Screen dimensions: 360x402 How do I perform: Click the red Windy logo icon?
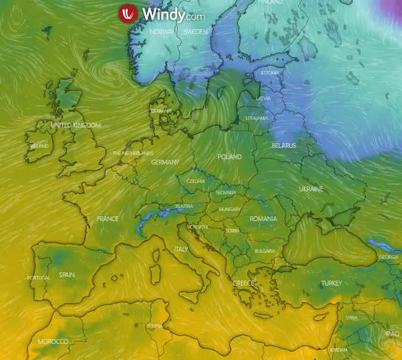128,14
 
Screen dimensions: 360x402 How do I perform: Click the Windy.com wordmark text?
174,14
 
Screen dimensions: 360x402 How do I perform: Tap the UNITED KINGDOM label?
76,125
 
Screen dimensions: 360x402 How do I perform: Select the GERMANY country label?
165,162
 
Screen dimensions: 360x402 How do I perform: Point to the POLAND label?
230,157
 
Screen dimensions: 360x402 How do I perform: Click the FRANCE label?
107,219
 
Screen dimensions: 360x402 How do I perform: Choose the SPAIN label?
67,275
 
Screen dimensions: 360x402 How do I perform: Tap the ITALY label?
181,249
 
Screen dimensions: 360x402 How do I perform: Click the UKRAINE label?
311,189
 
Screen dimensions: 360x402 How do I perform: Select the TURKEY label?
331,283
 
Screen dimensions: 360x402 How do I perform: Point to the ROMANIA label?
263,219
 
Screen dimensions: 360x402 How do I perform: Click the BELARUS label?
284,145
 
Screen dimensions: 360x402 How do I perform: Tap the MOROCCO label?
53,342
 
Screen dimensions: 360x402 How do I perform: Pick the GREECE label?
244,283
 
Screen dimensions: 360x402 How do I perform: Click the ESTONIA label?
270,73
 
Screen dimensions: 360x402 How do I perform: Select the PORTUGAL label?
39,278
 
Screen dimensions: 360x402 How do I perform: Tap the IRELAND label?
39,146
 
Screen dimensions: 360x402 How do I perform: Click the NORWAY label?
161,32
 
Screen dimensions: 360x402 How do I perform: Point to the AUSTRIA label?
184,206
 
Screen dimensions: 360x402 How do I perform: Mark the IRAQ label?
392,334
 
